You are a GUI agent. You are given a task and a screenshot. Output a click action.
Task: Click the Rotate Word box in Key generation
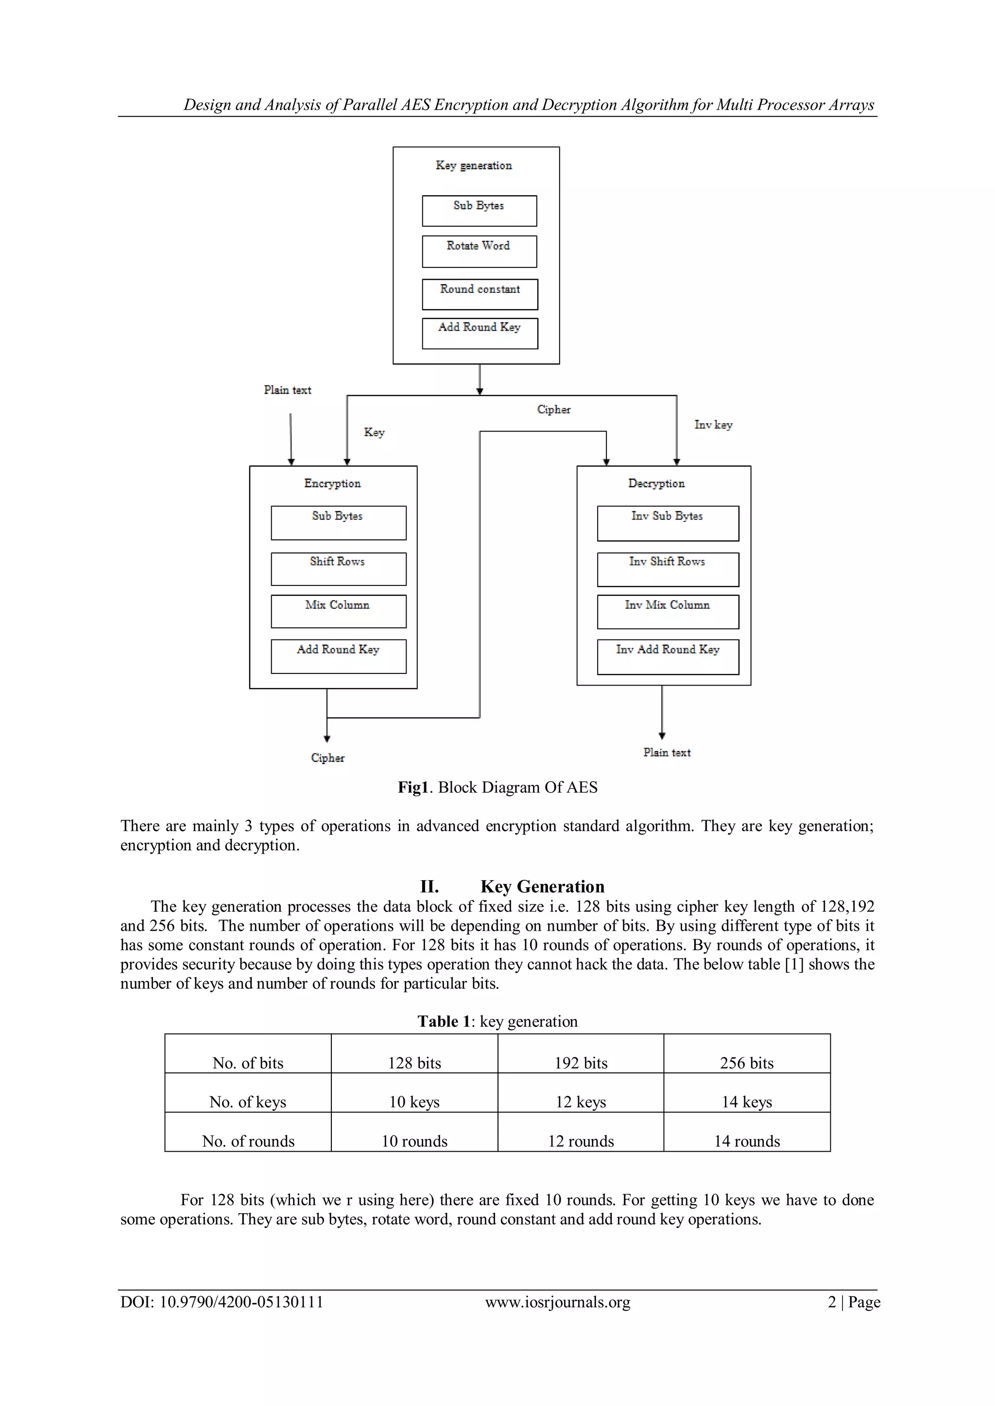coord(479,251)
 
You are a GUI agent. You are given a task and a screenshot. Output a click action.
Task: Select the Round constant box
coord(480,294)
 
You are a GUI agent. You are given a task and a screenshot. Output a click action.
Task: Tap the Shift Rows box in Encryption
coord(338,569)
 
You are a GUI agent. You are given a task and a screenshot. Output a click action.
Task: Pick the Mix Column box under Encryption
coord(338,611)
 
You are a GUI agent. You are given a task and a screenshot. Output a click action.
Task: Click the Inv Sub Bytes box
coord(668,523)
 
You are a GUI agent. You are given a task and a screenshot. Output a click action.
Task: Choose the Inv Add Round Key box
coord(668,656)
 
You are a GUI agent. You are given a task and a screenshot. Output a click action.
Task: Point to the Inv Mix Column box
coord(668,612)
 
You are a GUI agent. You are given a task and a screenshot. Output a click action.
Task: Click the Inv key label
coord(713,425)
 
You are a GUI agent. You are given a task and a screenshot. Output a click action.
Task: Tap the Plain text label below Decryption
coord(667,753)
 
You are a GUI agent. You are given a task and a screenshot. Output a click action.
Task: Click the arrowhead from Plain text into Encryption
coord(292,462)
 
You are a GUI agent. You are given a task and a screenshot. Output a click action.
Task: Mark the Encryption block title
coord(332,484)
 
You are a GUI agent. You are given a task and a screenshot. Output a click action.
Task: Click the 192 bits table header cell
coord(581,1062)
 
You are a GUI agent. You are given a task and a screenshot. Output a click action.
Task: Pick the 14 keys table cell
coord(746,1102)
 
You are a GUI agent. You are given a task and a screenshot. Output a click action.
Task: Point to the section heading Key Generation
coord(542,887)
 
